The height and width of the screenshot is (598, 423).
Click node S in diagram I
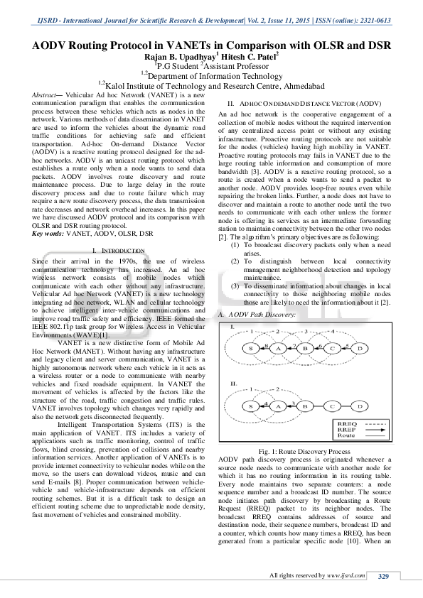pyautogui.click(x=251, y=368)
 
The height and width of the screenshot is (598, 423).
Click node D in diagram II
pyautogui.click(x=360, y=406)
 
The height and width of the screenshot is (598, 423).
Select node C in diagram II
pyautogui.click(x=332, y=406)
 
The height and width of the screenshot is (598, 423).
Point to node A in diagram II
pyautogui.click(x=279, y=406)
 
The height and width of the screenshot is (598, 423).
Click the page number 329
pyautogui.click(x=383, y=575)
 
